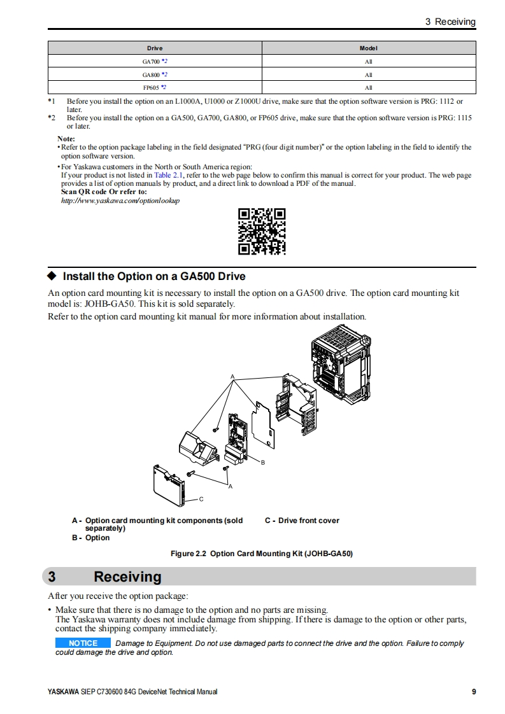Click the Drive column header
(155, 48)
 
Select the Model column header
(369, 48)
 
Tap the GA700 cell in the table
(155, 62)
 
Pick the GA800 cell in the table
(155, 74)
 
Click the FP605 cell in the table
(155, 88)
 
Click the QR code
(262, 232)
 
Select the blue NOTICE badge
(83, 643)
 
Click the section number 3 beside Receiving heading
(52, 577)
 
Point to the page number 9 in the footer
(473, 692)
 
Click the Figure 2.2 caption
(261, 554)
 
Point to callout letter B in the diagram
(262, 462)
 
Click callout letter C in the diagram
(201, 498)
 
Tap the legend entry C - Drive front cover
(302, 521)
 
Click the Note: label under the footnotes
(66, 139)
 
